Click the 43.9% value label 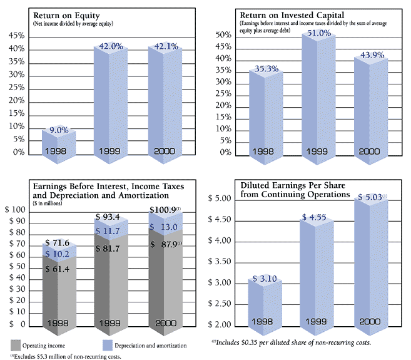370,54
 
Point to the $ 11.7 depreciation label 111,231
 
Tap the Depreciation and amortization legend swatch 108,344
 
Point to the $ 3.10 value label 266,277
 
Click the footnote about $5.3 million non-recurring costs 65,356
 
